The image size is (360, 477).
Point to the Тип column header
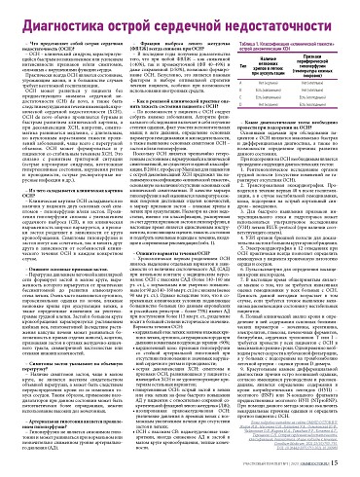[243, 70]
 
